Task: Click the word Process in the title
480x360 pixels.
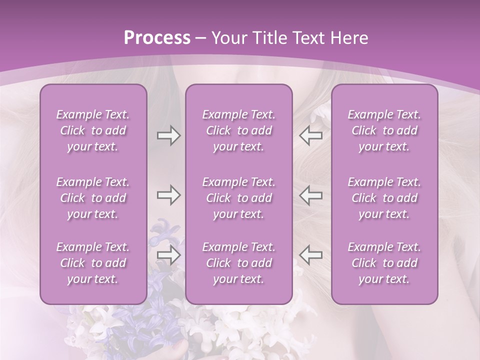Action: click(x=157, y=38)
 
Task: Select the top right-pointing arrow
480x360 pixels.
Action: click(x=168, y=135)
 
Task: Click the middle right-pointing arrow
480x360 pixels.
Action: click(x=168, y=195)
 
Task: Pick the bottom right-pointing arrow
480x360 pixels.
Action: click(x=168, y=255)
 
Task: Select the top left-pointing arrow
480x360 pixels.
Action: click(x=311, y=135)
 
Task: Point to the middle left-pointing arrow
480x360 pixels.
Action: click(x=311, y=195)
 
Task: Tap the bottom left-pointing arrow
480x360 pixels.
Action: click(x=311, y=255)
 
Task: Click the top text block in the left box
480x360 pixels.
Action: click(x=93, y=130)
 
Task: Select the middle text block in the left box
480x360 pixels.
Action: click(x=93, y=198)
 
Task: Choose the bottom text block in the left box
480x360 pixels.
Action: click(x=93, y=263)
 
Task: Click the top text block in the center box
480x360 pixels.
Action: click(x=239, y=130)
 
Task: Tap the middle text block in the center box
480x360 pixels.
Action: click(x=239, y=198)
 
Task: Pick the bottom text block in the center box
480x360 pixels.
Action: click(x=239, y=263)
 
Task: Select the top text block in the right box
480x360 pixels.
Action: click(x=384, y=130)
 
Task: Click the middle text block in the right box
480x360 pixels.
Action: click(x=384, y=198)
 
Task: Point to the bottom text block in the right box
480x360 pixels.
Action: click(x=384, y=263)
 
